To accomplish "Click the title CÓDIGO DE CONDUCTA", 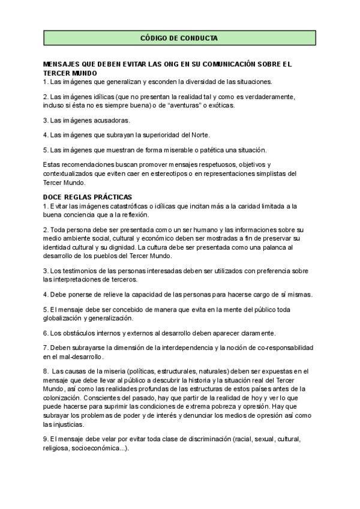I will [x=179, y=38].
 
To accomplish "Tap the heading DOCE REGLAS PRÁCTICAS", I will [x=88, y=197].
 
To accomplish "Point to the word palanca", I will [x=271, y=247].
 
